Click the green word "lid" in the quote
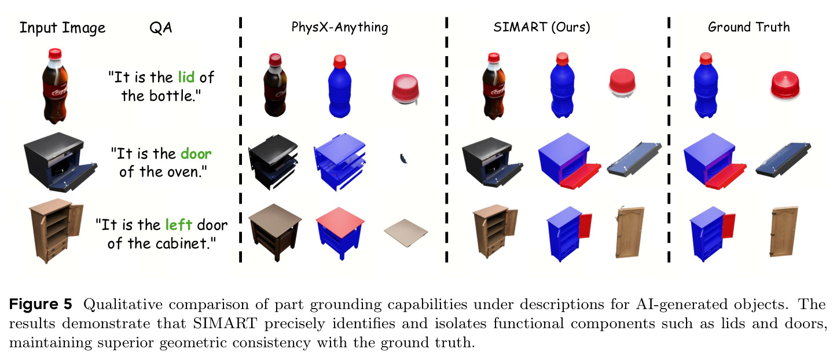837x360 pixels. (x=186, y=77)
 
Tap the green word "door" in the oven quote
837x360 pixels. (x=196, y=153)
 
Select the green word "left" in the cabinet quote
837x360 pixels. (x=179, y=225)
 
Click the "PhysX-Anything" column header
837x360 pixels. (x=340, y=27)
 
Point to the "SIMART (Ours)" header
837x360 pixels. (x=541, y=27)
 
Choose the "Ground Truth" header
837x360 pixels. (x=749, y=27)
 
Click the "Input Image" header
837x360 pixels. (x=63, y=28)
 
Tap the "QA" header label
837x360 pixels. (x=161, y=27)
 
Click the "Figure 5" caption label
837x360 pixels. (x=41, y=304)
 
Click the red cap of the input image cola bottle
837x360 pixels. (x=55, y=53)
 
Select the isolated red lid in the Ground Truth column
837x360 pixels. (x=785, y=86)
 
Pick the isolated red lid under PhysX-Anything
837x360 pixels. (x=405, y=89)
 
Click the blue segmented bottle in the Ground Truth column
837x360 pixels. (x=706, y=86)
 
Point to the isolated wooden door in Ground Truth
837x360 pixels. (x=784, y=232)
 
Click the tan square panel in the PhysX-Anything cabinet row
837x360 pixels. (x=406, y=233)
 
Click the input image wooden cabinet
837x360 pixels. (x=56, y=231)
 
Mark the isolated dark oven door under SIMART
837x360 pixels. (x=634, y=159)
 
